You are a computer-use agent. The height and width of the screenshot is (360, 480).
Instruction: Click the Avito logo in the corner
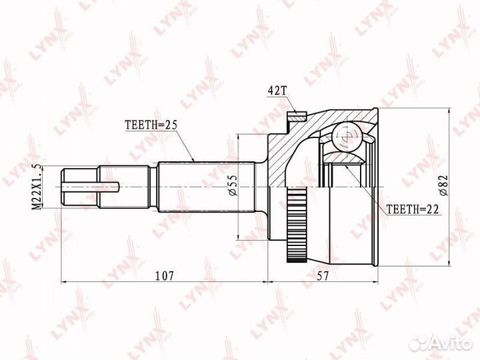click(x=441, y=342)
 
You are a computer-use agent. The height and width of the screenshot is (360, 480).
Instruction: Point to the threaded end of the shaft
click(x=80, y=186)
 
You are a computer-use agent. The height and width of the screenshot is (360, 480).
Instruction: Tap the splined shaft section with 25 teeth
click(x=207, y=187)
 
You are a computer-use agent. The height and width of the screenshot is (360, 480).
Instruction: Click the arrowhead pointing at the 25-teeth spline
click(x=193, y=161)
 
